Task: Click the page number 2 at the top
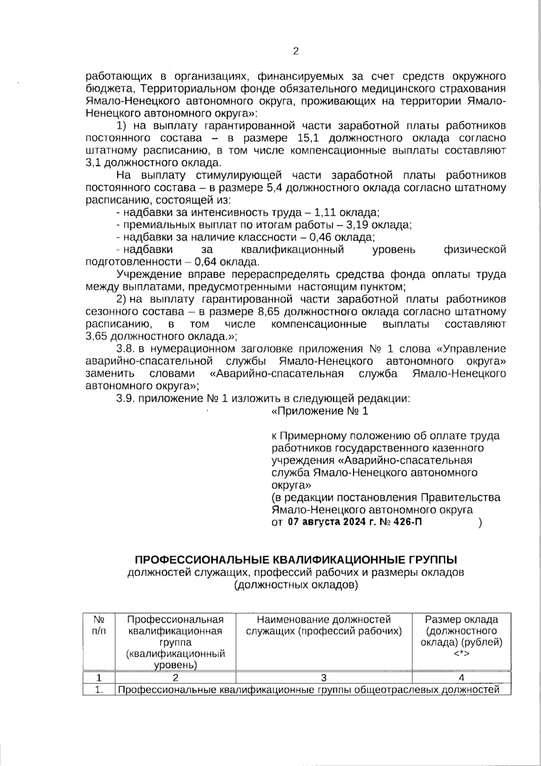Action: (x=296, y=51)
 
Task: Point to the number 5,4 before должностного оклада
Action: (x=275, y=187)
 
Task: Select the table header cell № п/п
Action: (x=99, y=625)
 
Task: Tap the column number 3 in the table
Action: (x=324, y=677)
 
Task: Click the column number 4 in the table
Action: (x=461, y=677)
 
